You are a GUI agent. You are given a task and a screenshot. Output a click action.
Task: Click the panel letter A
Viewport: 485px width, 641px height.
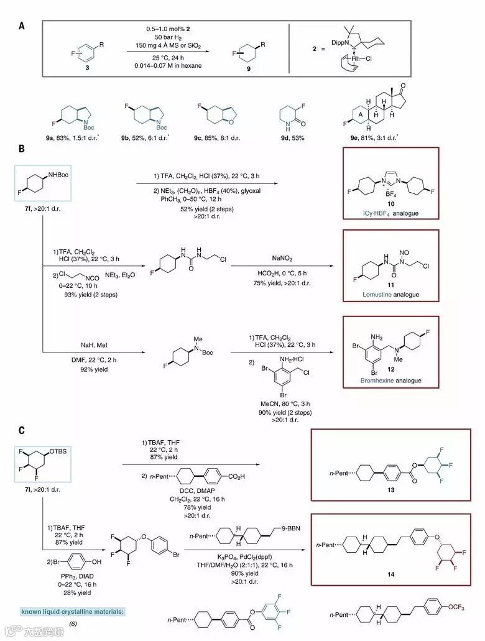pos(22,26)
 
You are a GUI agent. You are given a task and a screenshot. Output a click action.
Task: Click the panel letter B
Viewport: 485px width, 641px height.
pos(22,149)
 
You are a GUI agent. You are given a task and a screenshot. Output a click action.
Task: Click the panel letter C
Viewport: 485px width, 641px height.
pos(22,430)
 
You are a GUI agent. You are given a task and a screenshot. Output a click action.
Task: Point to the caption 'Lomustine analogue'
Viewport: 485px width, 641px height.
pos(390,294)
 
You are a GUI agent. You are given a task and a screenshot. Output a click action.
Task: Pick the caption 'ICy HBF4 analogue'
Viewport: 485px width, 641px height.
pos(390,215)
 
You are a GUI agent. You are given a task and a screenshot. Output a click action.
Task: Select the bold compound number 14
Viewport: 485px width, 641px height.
pos(390,575)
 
